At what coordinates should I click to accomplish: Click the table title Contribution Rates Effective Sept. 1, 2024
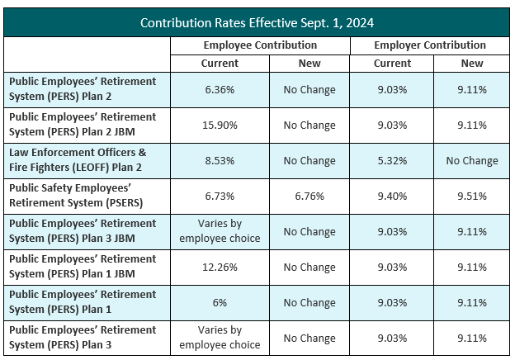click(x=257, y=22)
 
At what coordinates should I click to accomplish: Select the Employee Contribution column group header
click(x=260, y=45)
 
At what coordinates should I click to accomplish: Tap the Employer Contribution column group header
click(x=429, y=45)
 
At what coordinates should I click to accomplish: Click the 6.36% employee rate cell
click(x=220, y=90)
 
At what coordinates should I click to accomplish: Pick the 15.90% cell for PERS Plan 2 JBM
click(x=220, y=126)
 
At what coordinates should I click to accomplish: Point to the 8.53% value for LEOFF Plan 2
click(x=220, y=161)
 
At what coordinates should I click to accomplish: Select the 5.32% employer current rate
click(x=392, y=161)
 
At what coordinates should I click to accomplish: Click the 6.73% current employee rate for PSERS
click(x=220, y=197)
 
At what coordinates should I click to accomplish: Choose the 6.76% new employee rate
click(x=309, y=197)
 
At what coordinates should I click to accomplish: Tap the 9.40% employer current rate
click(x=392, y=197)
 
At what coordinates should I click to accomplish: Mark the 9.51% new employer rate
click(x=472, y=197)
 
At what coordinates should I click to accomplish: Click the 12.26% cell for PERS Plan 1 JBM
click(x=220, y=268)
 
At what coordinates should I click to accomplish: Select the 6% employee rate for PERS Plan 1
click(x=220, y=303)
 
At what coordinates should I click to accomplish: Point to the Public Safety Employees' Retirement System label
click(x=82, y=197)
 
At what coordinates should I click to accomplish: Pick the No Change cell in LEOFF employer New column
click(x=472, y=161)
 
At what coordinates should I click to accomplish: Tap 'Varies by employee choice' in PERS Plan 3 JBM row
click(x=220, y=232)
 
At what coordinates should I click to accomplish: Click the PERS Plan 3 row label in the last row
click(x=82, y=338)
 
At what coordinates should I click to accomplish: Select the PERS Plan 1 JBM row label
click(x=82, y=268)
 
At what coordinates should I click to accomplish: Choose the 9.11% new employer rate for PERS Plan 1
click(x=472, y=303)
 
